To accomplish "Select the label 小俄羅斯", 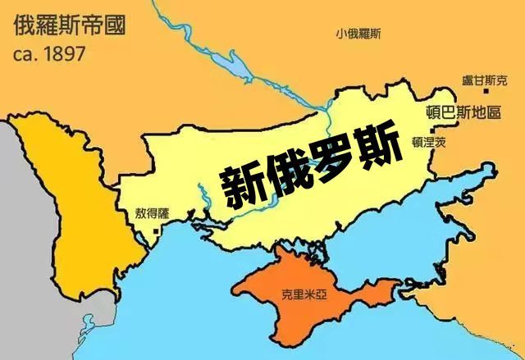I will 358,34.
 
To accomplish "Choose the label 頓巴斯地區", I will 464,112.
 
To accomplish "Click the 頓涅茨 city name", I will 430,140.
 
